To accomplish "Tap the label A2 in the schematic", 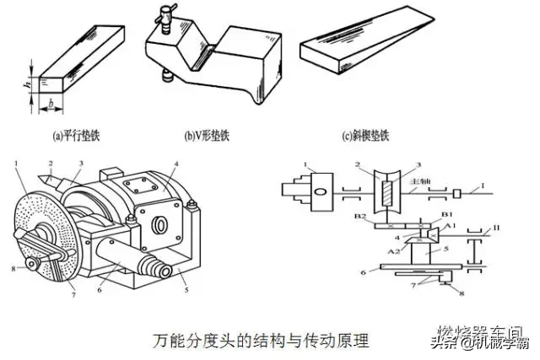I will click(x=393, y=252).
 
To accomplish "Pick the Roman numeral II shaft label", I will click(x=484, y=228).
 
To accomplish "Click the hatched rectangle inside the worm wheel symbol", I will click(x=389, y=190).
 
